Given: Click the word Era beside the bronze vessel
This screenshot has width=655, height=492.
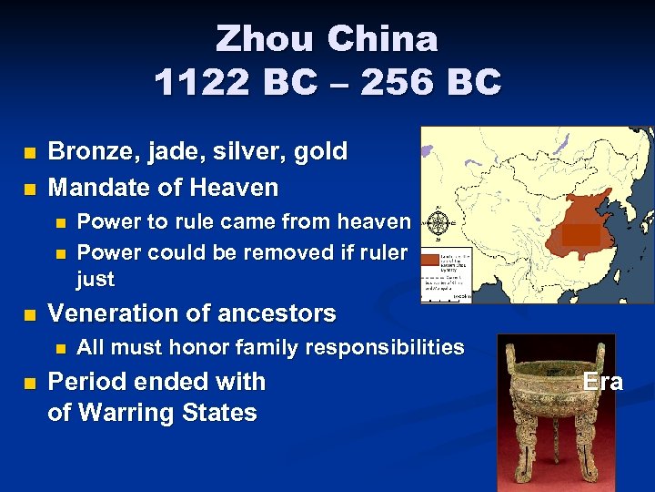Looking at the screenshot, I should point(603,381).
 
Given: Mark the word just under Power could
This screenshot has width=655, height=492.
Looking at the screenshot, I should point(96,279).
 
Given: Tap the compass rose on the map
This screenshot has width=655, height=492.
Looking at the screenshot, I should point(438,222).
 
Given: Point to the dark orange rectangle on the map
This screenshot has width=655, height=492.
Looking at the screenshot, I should point(580,234).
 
